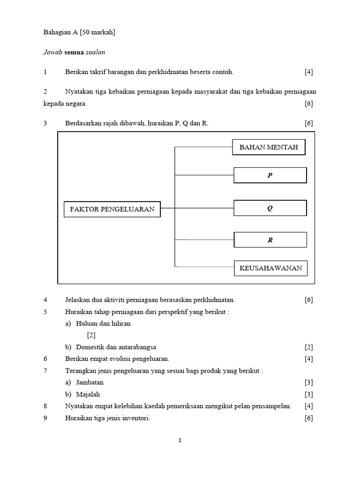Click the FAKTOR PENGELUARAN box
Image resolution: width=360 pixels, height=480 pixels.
pyautogui.click(x=112, y=209)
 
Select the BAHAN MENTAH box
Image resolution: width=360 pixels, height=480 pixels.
pyautogui.click(x=269, y=147)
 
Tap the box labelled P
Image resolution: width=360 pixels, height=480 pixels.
pyautogui.click(x=270, y=175)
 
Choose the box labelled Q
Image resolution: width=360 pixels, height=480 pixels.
pyautogui.click(x=270, y=208)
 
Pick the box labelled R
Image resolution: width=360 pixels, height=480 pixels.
pyautogui.click(x=270, y=240)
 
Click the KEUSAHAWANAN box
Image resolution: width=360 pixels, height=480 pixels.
pyautogui.click(x=271, y=269)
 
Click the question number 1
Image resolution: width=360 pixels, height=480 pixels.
pyautogui.click(x=45, y=72)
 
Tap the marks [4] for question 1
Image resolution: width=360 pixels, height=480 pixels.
pyautogui.click(x=308, y=72)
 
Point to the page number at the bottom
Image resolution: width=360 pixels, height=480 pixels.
pyautogui.click(x=180, y=440)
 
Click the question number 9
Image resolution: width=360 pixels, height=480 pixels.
pyautogui.click(x=45, y=418)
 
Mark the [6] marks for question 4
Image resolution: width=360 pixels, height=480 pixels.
pyautogui.click(x=308, y=300)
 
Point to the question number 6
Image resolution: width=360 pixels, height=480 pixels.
pyautogui.click(x=45, y=359)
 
